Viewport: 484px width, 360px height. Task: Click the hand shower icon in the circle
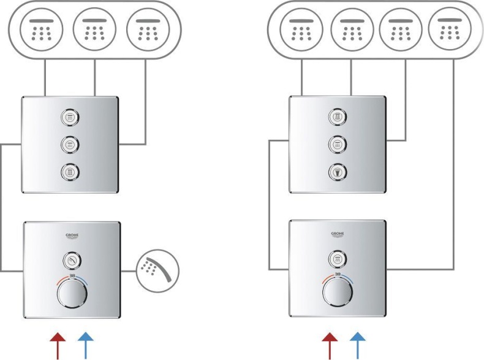(x=157, y=269)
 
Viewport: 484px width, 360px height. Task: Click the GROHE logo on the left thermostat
(x=72, y=236)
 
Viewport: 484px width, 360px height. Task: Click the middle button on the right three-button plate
(x=336, y=144)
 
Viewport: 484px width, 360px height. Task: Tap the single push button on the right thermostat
(x=338, y=259)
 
